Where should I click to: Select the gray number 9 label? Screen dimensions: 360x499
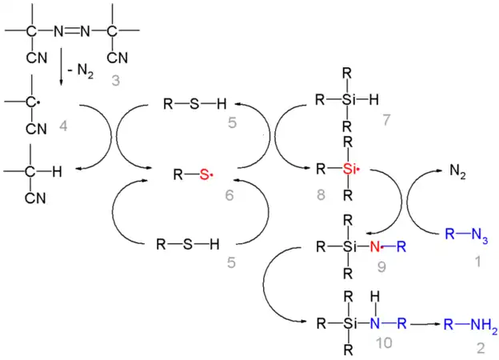click(381, 267)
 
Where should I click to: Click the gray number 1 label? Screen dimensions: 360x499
click(477, 262)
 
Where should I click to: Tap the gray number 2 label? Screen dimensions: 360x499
click(481, 349)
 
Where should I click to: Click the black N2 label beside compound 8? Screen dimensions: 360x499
click(458, 170)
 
